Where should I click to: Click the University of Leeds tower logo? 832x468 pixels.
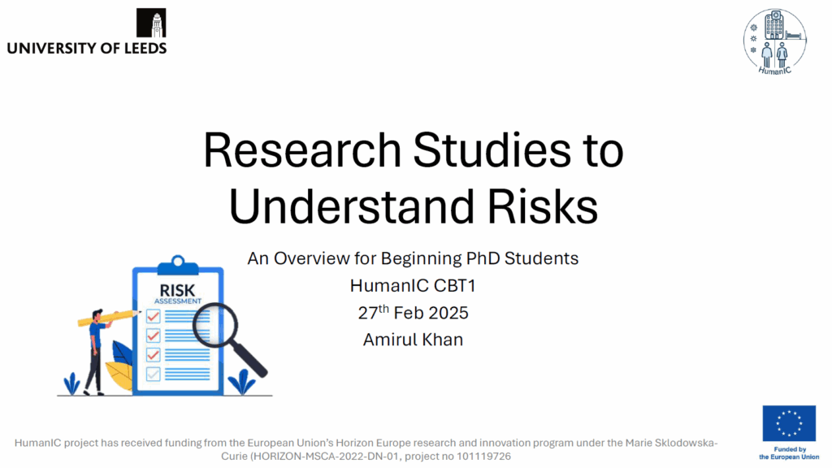151,23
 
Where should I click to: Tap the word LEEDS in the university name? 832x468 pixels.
145,48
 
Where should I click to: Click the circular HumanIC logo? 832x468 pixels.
774,41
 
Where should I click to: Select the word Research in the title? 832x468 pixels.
302,150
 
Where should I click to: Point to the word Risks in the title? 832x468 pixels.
542,206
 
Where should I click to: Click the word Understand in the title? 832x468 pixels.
351,206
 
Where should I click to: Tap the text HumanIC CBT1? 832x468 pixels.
413,285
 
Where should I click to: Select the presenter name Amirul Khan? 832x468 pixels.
413,340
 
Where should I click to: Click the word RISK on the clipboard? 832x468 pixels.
177,291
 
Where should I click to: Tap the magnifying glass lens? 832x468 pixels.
214,325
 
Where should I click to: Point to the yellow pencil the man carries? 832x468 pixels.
109,318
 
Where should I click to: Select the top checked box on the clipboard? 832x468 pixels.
154,317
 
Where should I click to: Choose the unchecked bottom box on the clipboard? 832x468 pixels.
154,374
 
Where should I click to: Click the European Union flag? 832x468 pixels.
789,423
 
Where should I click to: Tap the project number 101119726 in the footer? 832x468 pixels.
483,457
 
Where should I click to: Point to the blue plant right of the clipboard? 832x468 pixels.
241,383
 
